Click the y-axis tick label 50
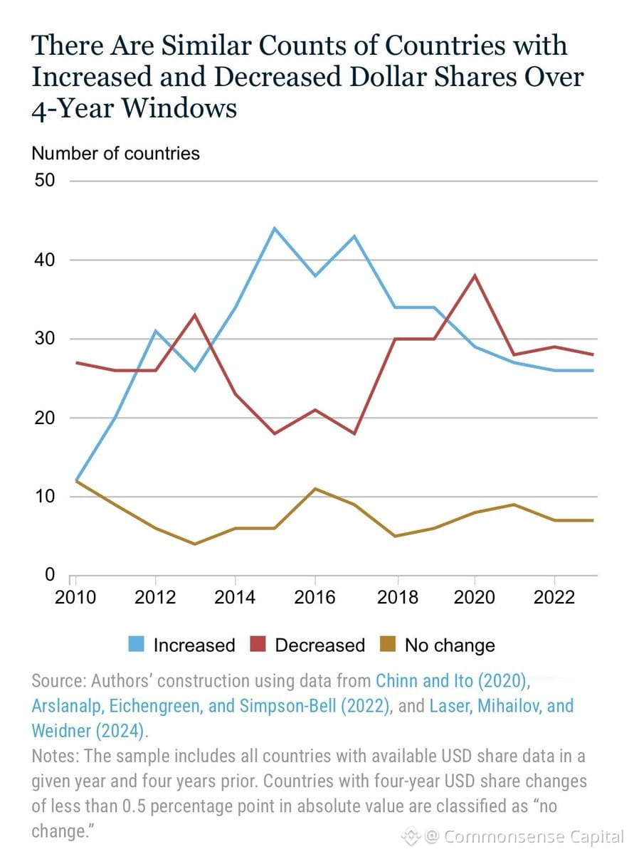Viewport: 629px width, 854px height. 45,180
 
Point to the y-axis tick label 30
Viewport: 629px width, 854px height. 45,338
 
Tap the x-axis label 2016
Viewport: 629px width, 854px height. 314,596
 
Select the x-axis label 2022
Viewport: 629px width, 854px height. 554,596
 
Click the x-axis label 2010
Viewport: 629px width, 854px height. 75,596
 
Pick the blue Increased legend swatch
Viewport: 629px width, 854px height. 136,644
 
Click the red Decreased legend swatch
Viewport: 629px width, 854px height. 258,644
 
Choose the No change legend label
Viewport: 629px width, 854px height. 450,645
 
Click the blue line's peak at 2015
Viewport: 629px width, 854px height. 275,228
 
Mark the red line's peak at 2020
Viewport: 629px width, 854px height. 475,275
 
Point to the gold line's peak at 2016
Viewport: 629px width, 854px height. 315,489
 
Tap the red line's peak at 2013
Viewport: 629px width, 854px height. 195,315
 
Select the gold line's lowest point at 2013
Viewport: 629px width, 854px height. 195,544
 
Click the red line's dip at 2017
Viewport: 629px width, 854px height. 354,433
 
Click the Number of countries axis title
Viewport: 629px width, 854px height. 115,153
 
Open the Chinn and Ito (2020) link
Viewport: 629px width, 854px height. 451,681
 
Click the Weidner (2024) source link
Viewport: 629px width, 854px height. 88,731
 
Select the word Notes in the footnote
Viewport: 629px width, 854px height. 55,756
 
